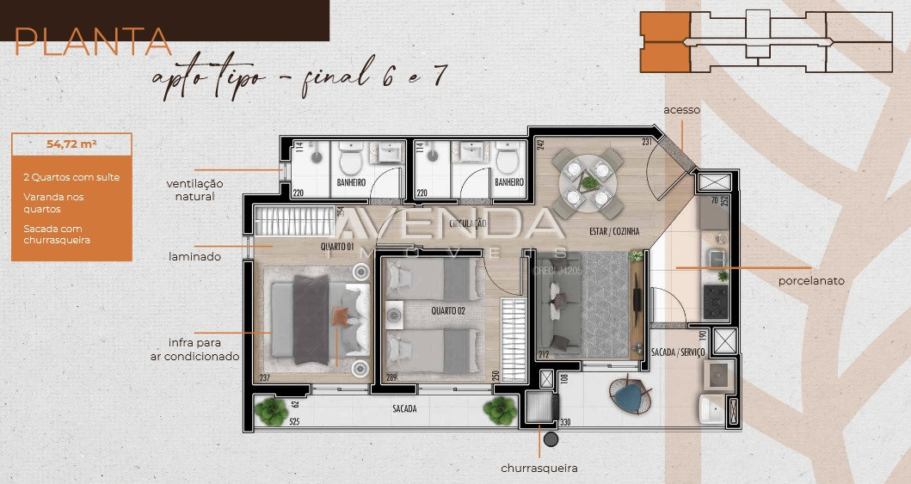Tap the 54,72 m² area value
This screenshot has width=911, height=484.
tap(71, 144)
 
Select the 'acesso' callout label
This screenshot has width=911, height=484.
tap(681, 110)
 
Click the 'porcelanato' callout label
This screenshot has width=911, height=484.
tap(810, 280)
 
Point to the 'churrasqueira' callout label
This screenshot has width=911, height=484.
tap(539, 469)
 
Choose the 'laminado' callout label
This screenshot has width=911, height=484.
tap(195, 256)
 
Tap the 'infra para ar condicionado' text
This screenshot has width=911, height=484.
tap(204, 348)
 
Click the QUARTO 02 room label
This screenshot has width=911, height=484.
tap(448, 310)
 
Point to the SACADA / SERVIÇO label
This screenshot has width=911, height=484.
tap(678, 352)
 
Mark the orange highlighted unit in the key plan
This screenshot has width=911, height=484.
tap(665, 41)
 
